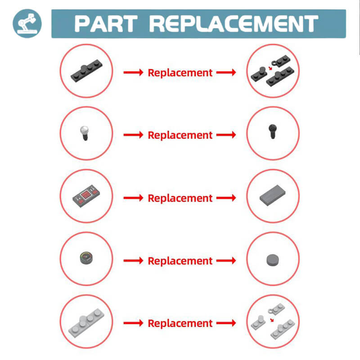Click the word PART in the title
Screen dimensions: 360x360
(x=106, y=24)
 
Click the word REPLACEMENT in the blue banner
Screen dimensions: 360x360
(x=234, y=24)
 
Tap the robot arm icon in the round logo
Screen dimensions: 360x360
(x=27, y=23)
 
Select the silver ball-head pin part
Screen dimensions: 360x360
(x=85, y=133)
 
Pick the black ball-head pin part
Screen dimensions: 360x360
(x=273, y=131)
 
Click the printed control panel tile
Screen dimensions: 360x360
(x=86, y=196)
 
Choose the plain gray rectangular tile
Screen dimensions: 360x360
(x=273, y=195)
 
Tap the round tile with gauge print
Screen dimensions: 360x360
(x=86, y=258)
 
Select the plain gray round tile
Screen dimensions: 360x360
(x=273, y=260)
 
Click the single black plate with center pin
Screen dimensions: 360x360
(x=86, y=71)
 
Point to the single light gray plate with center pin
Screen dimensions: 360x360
(x=86, y=323)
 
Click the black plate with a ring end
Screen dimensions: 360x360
(x=280, y=61)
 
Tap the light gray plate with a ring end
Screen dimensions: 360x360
(x=276, y=309)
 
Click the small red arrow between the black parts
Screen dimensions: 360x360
(x=270, y=68)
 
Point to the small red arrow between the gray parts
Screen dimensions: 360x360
(x=272, y=320)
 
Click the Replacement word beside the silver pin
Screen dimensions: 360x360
(x=180, y=135)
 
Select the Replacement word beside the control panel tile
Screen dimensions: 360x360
(x=180, y=198)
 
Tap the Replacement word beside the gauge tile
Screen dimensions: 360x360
(x=180, y=261)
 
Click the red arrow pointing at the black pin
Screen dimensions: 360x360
(x=226, y=135)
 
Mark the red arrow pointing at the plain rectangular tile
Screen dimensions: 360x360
(x=226, y=198)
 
